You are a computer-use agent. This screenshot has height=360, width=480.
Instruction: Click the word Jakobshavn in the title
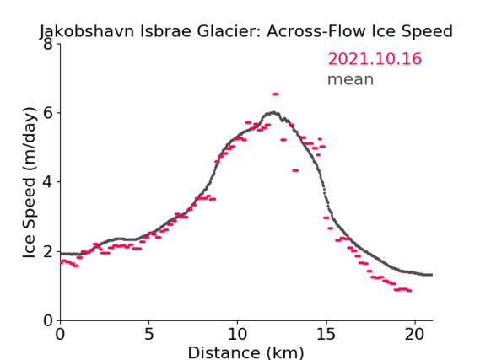[87, 32]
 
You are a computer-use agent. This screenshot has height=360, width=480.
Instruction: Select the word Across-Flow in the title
[316, 31]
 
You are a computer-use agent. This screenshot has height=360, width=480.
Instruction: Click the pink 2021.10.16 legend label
[375, 59]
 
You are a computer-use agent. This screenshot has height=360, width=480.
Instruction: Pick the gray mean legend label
[351, 79]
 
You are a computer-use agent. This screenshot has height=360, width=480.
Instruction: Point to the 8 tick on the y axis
[48, 44]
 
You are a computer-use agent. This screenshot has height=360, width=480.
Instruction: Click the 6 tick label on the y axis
[48, 113]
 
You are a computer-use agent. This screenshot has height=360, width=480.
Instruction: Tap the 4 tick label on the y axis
[48, 182]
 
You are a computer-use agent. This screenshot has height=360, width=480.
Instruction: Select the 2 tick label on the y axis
[48, 251]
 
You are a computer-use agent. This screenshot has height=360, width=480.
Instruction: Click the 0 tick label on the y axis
[48, 321]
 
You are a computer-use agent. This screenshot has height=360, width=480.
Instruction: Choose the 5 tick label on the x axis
[148, 334]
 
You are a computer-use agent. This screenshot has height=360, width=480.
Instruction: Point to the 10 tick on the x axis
[238, 334]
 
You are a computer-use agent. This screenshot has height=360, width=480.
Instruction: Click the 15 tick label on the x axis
[326, 334]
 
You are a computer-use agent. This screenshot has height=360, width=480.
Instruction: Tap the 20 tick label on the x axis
[415, 334]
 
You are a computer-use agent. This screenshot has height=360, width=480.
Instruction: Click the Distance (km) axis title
[245, 352]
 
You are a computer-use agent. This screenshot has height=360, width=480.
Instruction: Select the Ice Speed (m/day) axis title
[30, 183]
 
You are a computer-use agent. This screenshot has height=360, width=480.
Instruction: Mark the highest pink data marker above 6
[276, 94]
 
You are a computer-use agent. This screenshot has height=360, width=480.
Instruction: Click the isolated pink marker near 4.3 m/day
[295, 170]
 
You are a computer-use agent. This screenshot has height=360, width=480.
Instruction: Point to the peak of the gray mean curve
[273, 113]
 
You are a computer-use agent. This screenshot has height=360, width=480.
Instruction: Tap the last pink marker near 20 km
[409, 291]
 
